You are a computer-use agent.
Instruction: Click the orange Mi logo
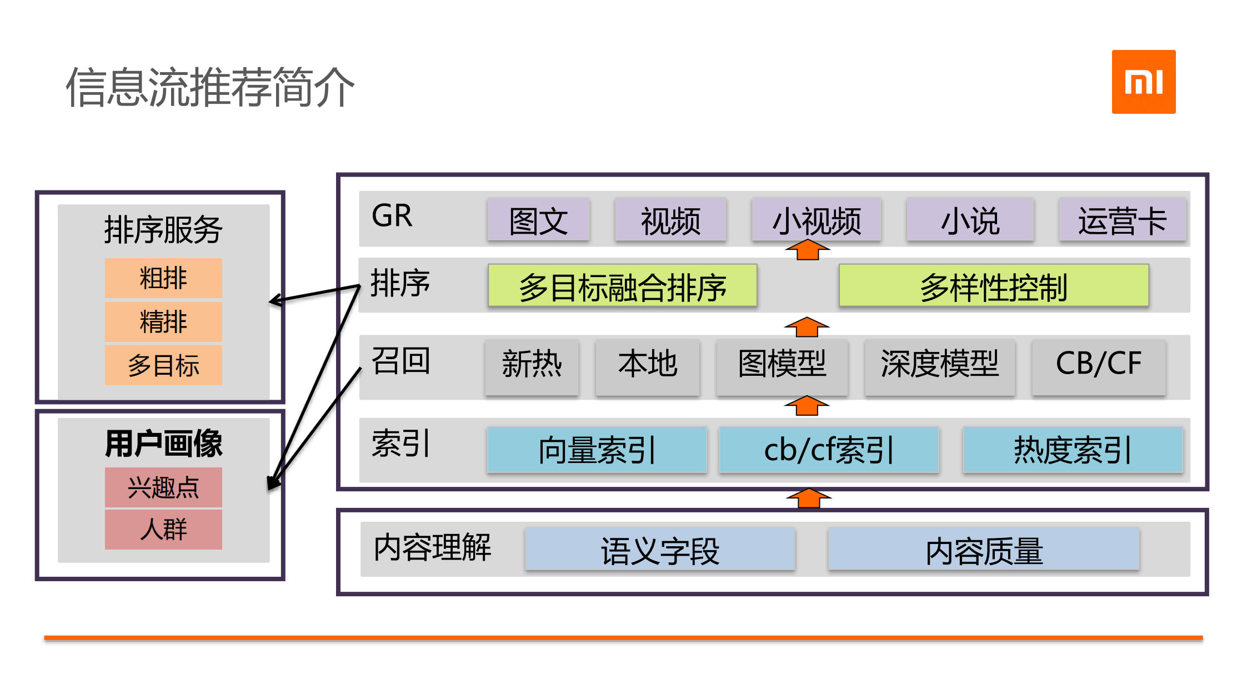pos(1143,82)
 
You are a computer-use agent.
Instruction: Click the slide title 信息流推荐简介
pos(210,87)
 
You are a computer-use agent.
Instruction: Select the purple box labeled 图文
pos(538,220)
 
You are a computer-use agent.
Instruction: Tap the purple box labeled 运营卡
pos(1122,220)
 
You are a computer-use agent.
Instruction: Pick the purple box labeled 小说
pos(970,220)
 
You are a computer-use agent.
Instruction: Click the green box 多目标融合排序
pos(622,286)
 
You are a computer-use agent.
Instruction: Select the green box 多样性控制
pos(993,286)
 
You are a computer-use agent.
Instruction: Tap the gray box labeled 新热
pos(532,366)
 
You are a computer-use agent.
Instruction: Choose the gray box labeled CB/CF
pos(1098,366)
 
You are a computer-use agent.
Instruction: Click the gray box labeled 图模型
pos(782,366)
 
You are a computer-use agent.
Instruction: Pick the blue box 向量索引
pos(597,450)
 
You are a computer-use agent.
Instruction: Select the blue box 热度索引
pos(1073,450)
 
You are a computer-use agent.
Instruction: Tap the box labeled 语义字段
pos(660,550)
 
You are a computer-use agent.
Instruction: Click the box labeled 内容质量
pos(984,550)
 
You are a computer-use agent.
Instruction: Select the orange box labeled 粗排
pos(163,278)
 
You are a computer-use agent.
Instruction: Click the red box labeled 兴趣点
pos(163,487)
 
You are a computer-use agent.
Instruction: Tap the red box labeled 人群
pos(163,530)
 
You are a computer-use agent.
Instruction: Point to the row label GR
pos(392,216)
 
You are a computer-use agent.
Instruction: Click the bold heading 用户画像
pos(163,444)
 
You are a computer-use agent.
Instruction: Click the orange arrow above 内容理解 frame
pos(808,498)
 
